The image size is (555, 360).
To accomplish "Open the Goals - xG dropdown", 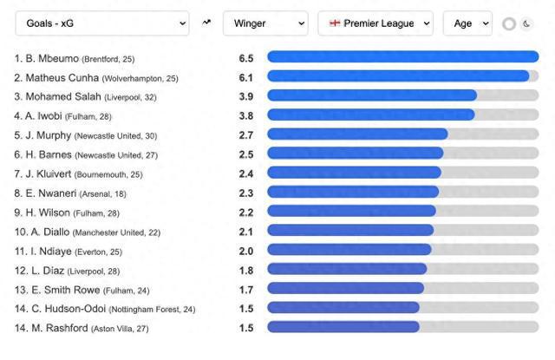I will [x=101, y=23].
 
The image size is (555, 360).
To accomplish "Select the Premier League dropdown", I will [x=375, y=23].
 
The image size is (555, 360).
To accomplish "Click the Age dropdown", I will [x=467, y=23].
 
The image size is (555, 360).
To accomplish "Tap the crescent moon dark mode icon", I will [x=527, y=24].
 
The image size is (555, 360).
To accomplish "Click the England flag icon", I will [x=334, y=23].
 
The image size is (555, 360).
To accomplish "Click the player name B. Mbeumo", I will [x=52, y=58].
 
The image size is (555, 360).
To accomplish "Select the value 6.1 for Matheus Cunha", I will [x=245, y=77].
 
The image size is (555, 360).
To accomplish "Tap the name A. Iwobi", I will [x=43, y=115].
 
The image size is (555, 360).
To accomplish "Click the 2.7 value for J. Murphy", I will [x=245, y=134].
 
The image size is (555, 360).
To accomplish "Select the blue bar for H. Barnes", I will [x=355, y=154].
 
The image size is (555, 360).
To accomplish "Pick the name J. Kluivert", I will [x=49, y=173].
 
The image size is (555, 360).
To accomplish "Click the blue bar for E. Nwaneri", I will [x=352, y=193].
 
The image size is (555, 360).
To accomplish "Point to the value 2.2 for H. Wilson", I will [x=245, y=212].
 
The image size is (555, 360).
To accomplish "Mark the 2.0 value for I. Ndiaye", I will [x=245, y=250].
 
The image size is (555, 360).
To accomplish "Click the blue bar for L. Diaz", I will [x=346, y=269].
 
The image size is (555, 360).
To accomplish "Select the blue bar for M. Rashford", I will [x=343, y=327].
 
